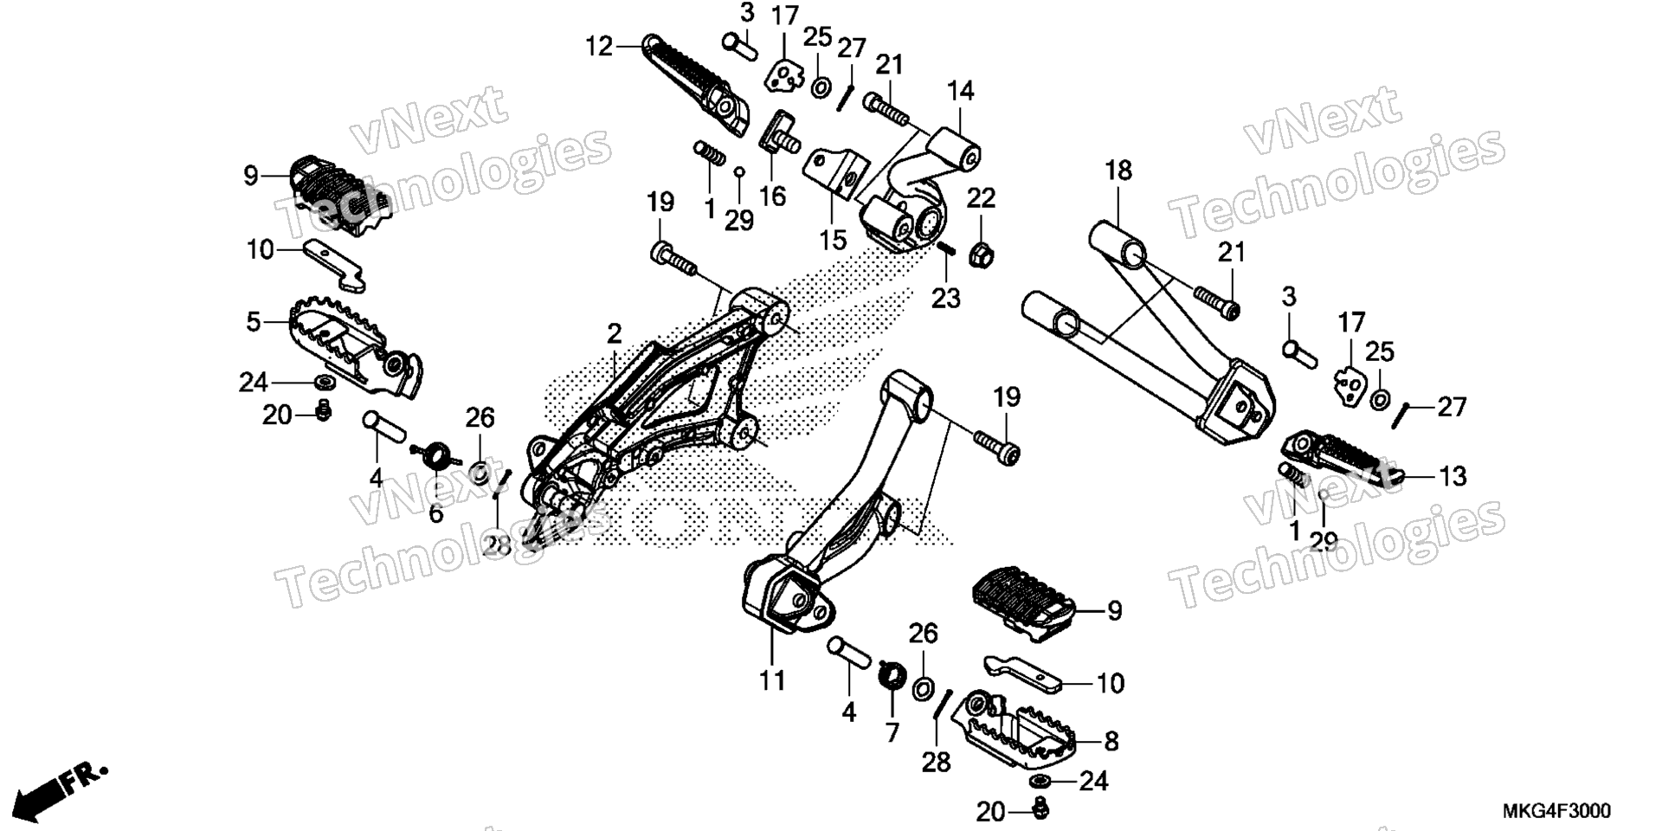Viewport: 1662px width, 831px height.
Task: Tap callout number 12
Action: coord(599,46)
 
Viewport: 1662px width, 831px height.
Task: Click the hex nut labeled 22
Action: coord(983,254)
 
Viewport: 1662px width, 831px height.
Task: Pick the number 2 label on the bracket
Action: coord(614,334)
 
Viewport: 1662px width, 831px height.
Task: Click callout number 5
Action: coord(253,322)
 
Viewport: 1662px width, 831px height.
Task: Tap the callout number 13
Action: coord(1453,476)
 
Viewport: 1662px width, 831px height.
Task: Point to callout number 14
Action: coord(960,91)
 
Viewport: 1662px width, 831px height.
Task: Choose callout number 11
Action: coord(772,681)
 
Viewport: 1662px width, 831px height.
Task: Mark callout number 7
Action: coord(892,732)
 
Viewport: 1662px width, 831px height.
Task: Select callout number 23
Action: coord(946,298)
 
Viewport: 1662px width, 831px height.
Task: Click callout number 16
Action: coord(772,196)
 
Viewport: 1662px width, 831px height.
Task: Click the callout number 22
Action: coord(981,198)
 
